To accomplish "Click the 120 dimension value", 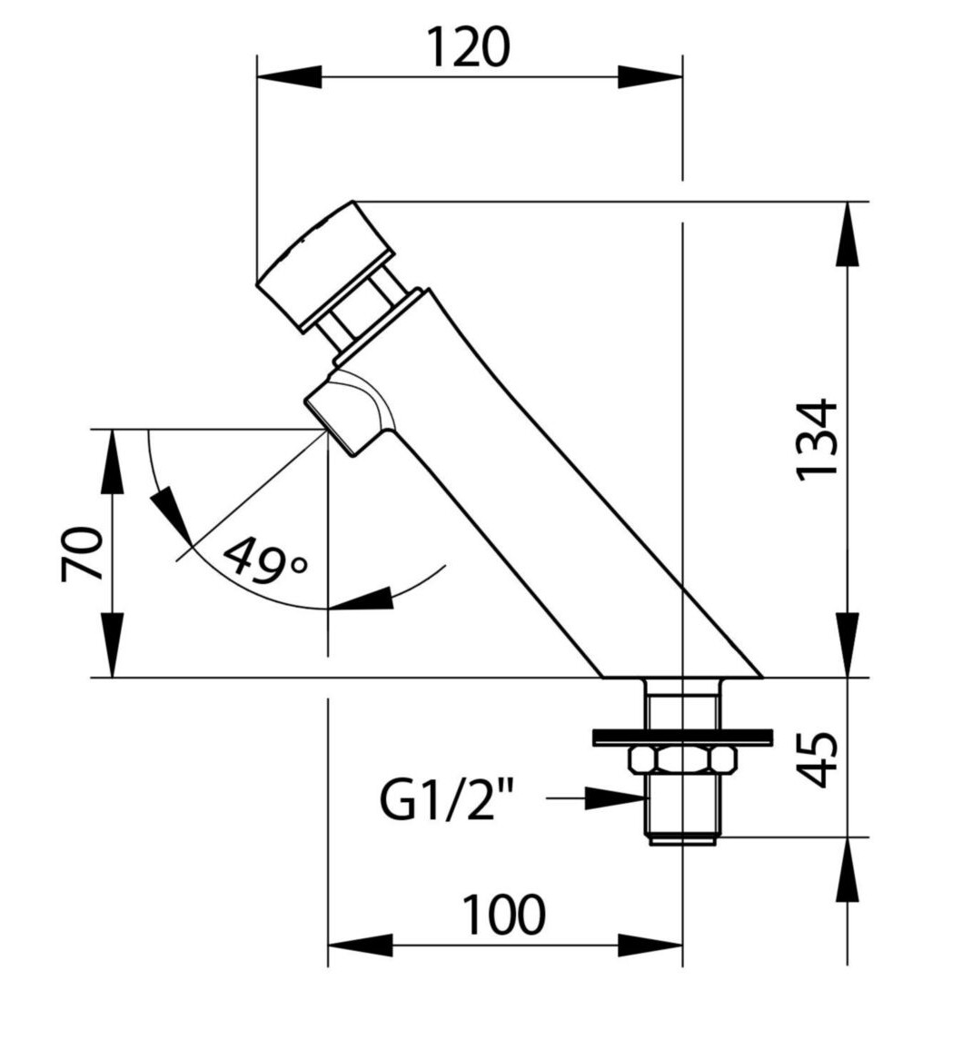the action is tap(468, 47).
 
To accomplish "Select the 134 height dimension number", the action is tap(817, 440).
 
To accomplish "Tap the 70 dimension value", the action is tap(83, 554).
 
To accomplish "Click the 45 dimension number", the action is tap(818, 758).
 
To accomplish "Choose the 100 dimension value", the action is tap(504, 916).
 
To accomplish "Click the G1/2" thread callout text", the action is tap(446, 799).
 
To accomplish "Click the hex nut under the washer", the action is tap(682, 758).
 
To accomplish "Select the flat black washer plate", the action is tap(682, 737).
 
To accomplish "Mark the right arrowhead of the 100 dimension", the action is tap(650, 946).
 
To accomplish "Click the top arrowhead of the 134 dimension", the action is tap(848, 233).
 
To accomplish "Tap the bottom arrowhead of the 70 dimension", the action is tap(113, 644).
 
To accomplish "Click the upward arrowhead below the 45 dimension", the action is tap(848, 870).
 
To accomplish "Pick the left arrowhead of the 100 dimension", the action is tap(360, 946).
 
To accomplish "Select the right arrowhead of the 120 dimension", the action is tap(650, 76).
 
